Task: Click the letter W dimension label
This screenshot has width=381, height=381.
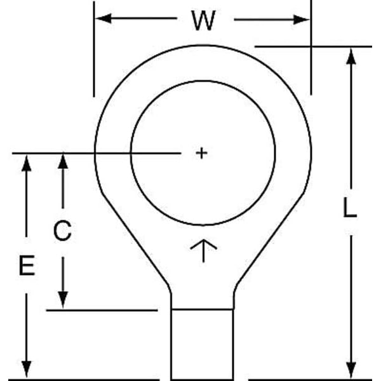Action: pos(203,21)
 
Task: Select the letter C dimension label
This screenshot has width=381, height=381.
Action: pos(62,231)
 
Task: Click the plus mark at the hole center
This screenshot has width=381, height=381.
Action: pos(201,153)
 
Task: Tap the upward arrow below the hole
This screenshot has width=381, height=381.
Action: pos(203,250)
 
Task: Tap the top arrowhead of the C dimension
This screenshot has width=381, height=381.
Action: pos(62,161)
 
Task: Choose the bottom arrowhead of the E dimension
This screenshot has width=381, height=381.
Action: pos(26,368)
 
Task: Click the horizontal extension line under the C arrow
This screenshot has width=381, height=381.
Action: pos(102,310)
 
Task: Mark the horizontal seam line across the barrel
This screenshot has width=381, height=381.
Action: pos(203,309)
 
